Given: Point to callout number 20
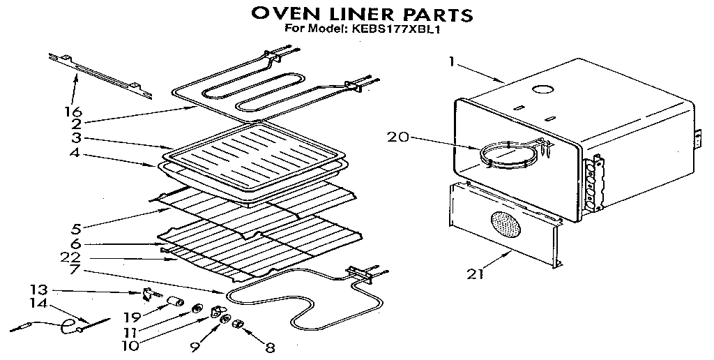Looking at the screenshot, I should tap(398, 137).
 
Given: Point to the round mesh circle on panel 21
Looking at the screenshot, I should tap(506, 227).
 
